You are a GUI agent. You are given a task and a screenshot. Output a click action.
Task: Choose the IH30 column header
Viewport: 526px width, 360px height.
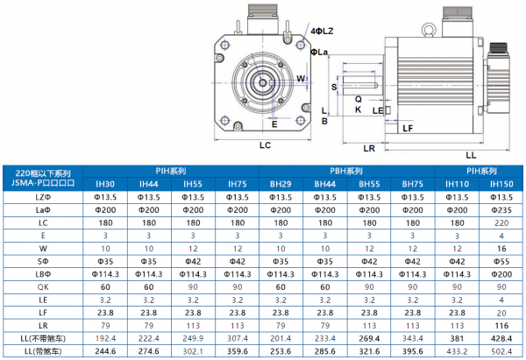click(104, 184)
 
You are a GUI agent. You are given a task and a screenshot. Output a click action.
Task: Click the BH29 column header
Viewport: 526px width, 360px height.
click(281, 184)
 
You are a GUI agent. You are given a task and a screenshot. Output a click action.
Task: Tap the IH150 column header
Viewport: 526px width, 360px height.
click(501, 184)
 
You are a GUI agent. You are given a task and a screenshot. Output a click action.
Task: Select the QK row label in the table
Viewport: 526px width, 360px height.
click(42, 286)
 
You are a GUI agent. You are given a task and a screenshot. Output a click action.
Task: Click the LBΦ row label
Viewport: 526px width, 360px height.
click(42, 273)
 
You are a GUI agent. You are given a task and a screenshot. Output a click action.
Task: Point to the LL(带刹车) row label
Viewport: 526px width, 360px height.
click(42, 351)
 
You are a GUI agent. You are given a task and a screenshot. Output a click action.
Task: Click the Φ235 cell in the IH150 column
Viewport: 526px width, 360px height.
click(501, 210)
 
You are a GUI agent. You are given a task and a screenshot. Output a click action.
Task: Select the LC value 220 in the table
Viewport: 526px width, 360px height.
click(501, 223)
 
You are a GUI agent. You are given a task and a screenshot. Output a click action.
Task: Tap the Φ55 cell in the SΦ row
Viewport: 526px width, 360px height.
click(501, 261)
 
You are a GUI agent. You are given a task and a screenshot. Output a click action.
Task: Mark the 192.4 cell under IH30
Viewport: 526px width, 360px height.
click(104, 338)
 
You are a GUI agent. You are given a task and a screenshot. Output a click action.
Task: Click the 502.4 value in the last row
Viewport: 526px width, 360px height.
click(501, 351)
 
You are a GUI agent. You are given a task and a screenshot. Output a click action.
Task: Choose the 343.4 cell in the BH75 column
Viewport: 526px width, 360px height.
click(413, 338)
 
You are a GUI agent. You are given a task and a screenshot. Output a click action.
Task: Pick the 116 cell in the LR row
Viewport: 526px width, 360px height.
click(501, 325)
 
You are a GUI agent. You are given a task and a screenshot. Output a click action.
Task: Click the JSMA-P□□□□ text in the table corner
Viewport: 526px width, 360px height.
click(42, 184)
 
